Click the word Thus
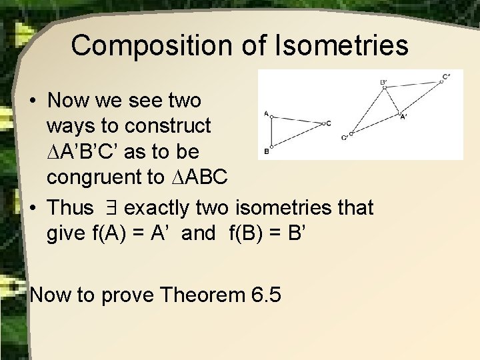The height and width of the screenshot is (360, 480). (x=71, y=208)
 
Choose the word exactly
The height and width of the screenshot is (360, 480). (x=164, y=208)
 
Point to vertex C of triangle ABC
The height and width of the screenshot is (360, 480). (x=321, y=123)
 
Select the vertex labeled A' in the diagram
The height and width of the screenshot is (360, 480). (x=400, y=113)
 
